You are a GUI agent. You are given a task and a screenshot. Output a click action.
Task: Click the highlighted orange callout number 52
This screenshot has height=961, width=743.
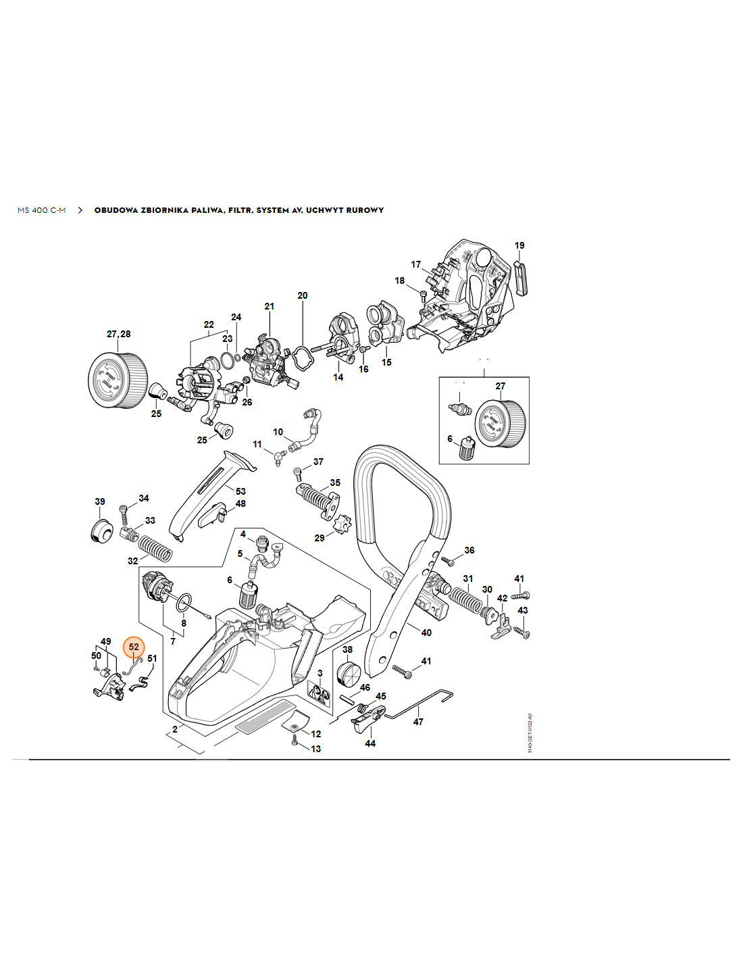click(134, 647)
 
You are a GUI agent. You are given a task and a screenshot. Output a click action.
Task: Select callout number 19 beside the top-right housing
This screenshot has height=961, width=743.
click(519, 245)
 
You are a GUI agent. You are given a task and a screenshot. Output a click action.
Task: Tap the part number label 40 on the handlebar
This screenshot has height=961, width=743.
click(426, 633)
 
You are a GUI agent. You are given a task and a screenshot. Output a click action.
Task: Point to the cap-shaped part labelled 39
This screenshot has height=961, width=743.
click(102, 531)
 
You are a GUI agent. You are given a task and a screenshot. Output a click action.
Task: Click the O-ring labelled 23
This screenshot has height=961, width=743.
click(229, 358)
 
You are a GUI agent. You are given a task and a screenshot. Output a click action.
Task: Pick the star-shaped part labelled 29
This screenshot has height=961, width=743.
click(342, 524)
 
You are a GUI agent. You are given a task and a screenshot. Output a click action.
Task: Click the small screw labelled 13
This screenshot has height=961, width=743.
click(294, 742)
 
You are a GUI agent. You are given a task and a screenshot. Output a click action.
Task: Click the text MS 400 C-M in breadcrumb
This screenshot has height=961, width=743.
click(42, 210)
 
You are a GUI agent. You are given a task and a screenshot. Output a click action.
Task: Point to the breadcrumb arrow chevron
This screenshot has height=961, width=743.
click(80, 210)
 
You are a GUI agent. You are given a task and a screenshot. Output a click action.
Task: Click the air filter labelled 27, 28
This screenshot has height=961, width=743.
click(118, 380)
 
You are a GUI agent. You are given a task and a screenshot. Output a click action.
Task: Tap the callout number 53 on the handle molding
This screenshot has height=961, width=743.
click(240, 491)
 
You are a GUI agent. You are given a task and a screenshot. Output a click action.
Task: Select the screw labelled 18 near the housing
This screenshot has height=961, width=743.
click(423, 294)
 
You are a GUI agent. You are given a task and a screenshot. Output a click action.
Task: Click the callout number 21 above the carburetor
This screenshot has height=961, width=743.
click(270, 306)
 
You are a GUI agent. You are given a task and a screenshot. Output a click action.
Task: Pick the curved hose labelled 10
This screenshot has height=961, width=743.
click(309, 430)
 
